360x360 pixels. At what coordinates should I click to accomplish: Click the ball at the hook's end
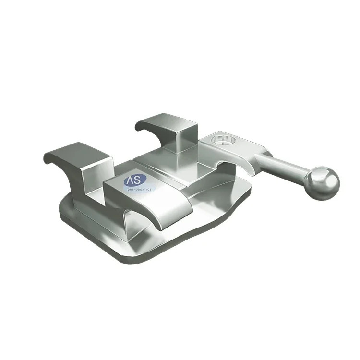323,183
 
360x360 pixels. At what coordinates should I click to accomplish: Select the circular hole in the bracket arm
222,140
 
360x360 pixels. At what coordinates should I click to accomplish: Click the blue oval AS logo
135,180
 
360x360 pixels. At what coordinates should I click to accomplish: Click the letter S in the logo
138,180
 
